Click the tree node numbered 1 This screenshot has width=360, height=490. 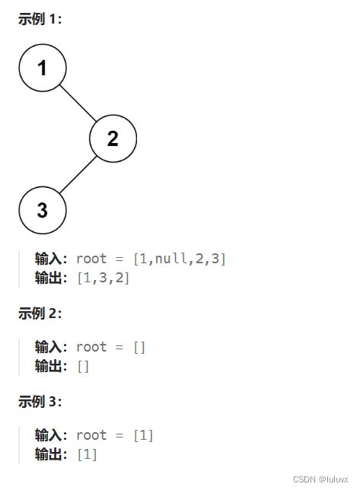coord(43,68)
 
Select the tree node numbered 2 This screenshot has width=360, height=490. coord(113,138)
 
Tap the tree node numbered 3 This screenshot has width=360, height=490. coord(43,209)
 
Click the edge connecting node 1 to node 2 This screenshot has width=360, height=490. coord(78,103)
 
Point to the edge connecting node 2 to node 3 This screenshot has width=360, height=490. coord(78,174)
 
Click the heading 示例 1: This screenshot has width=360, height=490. coord(40,20)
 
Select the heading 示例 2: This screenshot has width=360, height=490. coord(40,313)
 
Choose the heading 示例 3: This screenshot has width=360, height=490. coord(40,401)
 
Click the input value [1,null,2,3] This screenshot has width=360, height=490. coord(180,259)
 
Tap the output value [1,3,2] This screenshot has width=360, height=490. coord(104,278)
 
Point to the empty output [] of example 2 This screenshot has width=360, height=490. coord(83,366)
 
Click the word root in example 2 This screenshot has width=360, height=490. coord(91,347)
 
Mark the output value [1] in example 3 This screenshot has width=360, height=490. coord(87,454)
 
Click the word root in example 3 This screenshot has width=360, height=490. coord(91,435)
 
